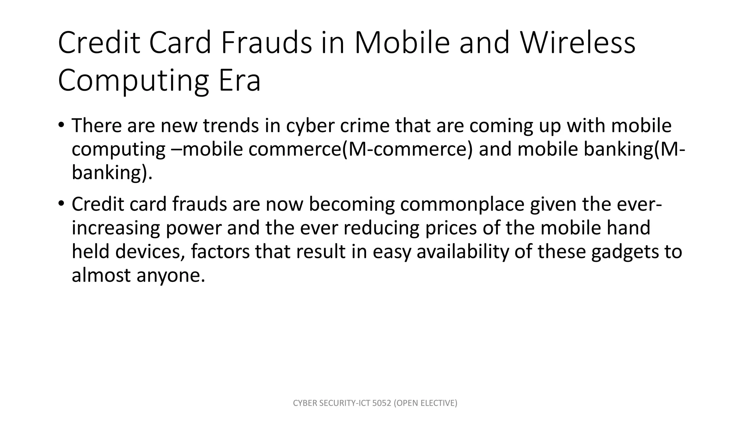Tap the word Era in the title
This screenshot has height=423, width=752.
pos(239,81)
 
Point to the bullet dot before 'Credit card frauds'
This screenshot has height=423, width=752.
pos(61,203)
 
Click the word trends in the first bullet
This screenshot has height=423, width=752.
pos(231,126)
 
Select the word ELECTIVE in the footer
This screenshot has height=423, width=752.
pos(438,403)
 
